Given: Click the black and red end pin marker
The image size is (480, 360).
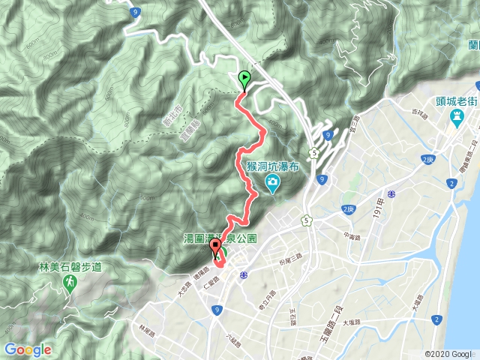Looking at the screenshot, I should pyautogui.click(x=215, y=247).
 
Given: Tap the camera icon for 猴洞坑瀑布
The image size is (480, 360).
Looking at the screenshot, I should pyautogui.click(x=272, y=183).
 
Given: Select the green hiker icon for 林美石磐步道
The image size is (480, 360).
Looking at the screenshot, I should pyautogui.click(x=69, y=282).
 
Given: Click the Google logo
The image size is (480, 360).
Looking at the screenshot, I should pyautogui.click(x=28, y=349).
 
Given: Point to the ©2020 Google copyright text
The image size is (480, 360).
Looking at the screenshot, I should pyautogui.click(x=448, y=354).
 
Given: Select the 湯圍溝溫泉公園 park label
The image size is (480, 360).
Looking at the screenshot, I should pyautogui.click(x=220, y=238).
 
